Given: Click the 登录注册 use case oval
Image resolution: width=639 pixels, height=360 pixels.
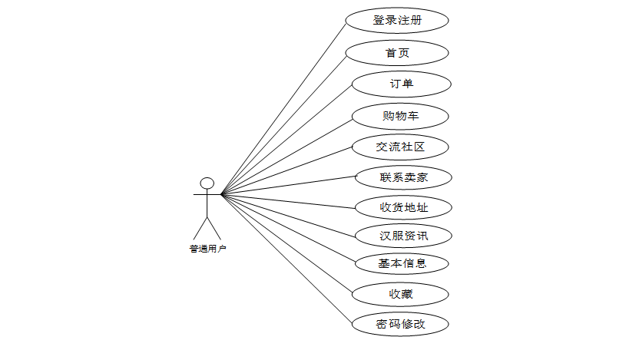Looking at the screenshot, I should [397, 21].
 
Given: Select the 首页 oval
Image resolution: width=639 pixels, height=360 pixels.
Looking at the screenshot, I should [397, 53].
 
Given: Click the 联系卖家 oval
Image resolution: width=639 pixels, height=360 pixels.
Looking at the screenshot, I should [402, 177].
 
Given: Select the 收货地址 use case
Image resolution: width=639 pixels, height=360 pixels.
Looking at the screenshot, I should [402, 207].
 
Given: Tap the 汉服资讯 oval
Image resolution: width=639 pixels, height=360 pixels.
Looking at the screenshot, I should [402, 236].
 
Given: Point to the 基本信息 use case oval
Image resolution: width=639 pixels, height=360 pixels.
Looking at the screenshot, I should [402, 264].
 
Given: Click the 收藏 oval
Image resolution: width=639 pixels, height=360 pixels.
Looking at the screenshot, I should [399, 294].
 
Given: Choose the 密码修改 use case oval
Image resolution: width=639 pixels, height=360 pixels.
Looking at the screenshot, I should [400, 324].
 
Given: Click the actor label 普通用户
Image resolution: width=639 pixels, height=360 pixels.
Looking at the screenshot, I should [207, 248].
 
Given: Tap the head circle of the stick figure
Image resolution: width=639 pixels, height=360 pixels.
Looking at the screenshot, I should [207, 183].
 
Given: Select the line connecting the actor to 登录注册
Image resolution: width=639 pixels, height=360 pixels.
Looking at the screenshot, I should [284, 107].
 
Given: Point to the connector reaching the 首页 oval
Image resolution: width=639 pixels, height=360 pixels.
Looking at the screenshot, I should [284, 124].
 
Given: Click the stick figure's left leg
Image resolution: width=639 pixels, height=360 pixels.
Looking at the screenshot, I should [200, 227].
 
